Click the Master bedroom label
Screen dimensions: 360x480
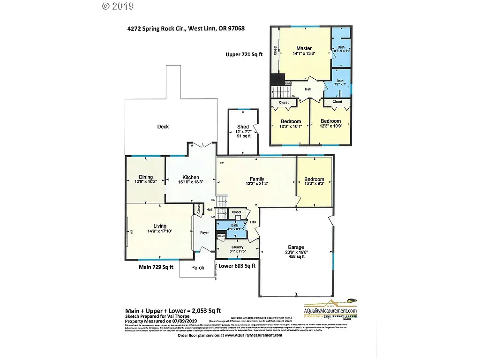click(304, 48)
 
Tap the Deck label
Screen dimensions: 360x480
click(163, 127)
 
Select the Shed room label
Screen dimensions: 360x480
click(243, 127)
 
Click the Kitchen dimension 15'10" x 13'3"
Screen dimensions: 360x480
click(191, 182)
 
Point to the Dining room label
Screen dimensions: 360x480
click(146, 177)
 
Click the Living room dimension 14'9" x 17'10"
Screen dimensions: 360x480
click(159, 231)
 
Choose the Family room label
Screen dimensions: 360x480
click(256, 179)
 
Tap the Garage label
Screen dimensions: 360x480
click(295, 247)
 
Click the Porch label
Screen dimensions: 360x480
click(198, 268)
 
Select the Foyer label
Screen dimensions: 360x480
click(204, 232)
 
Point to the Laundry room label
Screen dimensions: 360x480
click(237, 247)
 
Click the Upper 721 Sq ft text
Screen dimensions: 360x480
click(244, 54)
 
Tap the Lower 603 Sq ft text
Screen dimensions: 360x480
click(237, 266)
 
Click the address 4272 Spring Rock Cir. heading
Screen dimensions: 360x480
click(186, 28)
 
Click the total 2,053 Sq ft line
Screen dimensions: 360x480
click(172, 310)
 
